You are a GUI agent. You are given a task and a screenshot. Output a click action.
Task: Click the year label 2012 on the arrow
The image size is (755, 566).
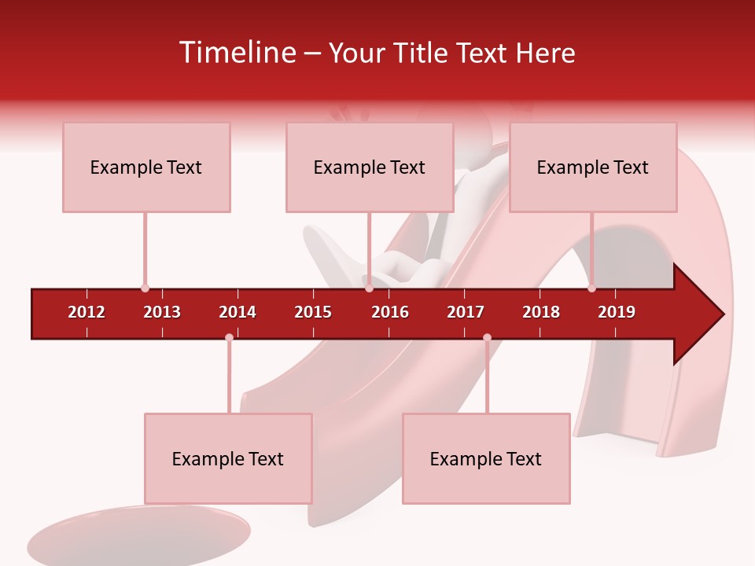point(87,312)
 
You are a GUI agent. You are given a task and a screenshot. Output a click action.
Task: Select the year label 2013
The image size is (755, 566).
point(162,312)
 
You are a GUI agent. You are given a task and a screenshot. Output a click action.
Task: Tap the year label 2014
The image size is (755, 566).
point(238,312)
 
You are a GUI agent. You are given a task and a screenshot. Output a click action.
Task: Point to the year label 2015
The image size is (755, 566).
point(313,312)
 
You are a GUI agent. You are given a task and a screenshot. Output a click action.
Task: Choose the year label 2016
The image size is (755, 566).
point(390,312)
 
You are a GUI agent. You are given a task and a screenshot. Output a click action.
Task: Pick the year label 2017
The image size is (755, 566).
point(466,312)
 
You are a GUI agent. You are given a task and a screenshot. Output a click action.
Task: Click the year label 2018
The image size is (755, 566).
point(541,312)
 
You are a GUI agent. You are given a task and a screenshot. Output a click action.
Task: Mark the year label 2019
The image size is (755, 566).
point(617,312)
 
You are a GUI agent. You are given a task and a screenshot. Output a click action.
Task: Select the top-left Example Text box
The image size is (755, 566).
point(146,167)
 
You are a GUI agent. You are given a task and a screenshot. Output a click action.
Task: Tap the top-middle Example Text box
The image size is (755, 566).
point(369,167)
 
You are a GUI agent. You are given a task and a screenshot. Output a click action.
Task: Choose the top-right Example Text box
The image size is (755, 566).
point(592,167)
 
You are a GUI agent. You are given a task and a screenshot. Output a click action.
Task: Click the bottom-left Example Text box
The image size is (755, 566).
point(228,458)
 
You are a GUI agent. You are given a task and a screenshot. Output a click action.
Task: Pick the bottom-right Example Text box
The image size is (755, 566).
point(486,458)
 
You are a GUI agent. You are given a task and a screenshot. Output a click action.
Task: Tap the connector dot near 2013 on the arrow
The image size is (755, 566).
point(145,289)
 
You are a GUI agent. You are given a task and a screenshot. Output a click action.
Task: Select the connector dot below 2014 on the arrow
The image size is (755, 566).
point(229,338)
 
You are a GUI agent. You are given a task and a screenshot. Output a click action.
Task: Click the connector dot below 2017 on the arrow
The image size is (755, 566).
point(487,338)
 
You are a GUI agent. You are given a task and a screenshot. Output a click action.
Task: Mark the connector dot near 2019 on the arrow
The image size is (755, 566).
point(591,289)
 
